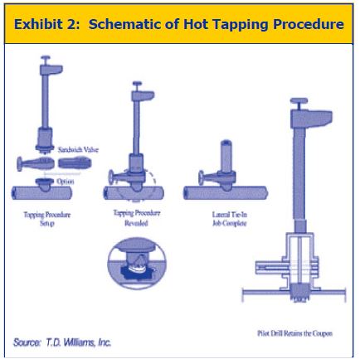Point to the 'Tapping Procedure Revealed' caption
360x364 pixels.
pyautogui.click(x=135, y=217)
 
